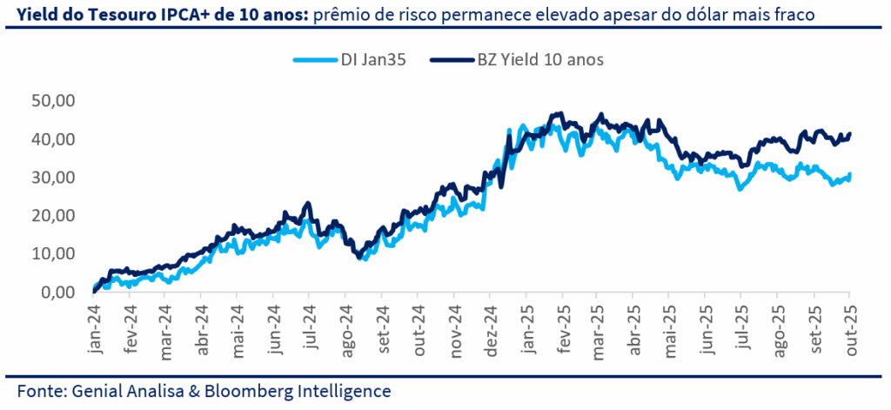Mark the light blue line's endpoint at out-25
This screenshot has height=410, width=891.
(x=850, y=176)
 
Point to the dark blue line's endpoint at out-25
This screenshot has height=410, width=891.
(x=850, y=133)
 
